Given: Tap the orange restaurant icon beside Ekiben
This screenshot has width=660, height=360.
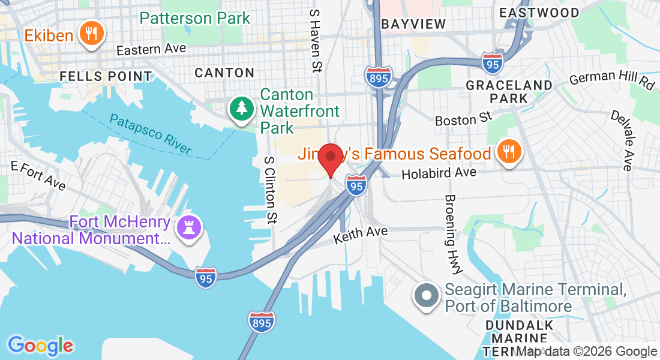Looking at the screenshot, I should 91,33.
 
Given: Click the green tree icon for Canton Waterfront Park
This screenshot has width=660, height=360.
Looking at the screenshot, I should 241,109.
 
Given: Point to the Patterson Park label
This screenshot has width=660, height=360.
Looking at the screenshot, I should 195,17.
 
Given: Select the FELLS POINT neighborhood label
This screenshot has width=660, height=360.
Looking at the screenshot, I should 106,76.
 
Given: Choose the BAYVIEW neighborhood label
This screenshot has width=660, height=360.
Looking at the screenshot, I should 414,24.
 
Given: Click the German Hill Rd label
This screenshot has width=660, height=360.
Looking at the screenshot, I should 611,79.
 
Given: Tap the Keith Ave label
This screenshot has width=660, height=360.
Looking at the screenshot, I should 361,234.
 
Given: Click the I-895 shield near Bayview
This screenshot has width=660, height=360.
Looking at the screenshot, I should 378,77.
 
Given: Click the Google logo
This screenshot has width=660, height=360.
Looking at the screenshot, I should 40,346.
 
